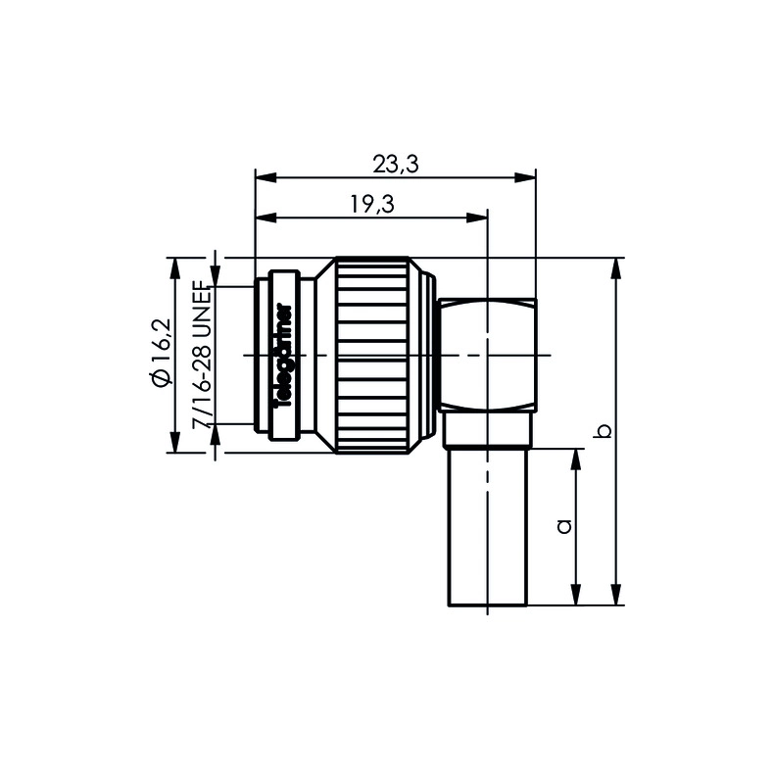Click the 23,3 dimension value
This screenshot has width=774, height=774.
tap(396, 166)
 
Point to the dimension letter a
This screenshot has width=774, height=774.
tap(563, 527)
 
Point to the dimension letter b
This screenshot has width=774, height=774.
tap(605, 431)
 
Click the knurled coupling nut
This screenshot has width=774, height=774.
tap(372, 354)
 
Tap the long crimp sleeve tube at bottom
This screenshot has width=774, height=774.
tap(487, 529)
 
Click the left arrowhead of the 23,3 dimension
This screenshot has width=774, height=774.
tap(262, 178)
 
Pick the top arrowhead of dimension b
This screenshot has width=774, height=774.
tap(617, 266)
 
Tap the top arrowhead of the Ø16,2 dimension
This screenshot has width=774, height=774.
tap(176, 266)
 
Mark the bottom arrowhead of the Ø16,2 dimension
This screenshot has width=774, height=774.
tap(176, 445)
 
